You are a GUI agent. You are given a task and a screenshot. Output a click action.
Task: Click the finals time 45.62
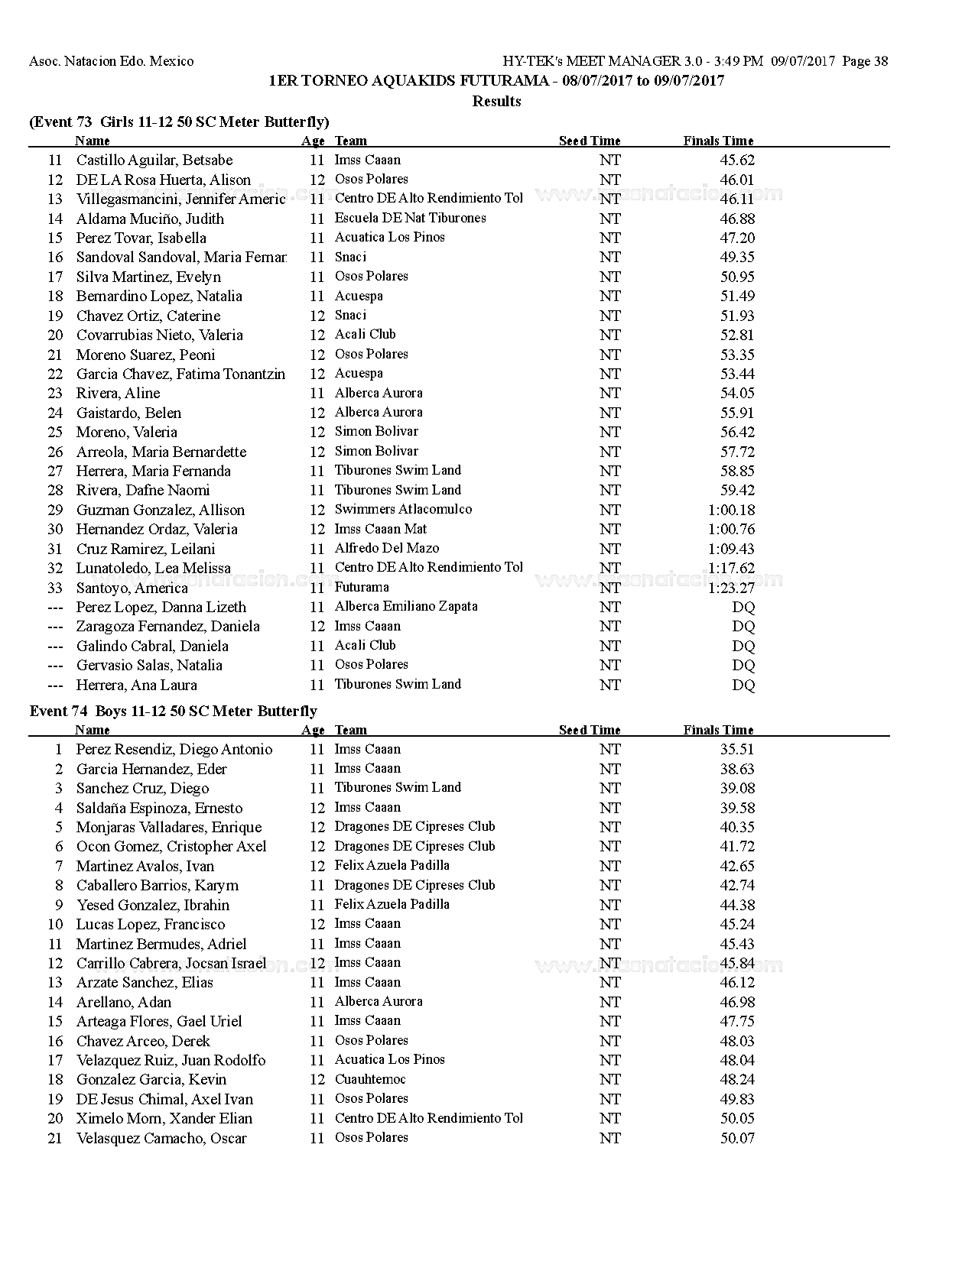(736, 160)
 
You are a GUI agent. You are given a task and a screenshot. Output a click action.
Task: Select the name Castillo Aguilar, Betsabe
(154, 160)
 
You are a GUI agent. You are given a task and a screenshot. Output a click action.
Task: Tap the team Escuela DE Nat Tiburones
(410, 218)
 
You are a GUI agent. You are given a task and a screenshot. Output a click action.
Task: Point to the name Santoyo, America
(132, 588)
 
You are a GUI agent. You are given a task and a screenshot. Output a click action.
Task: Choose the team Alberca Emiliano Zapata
(405, 607)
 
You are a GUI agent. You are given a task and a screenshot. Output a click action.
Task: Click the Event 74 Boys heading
(173, 712)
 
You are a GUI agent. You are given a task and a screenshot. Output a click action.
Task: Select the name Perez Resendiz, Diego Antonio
(174, 750)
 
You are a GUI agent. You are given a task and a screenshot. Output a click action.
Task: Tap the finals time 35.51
(736, 750)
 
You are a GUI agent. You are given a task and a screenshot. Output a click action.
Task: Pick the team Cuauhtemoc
(370, 1079)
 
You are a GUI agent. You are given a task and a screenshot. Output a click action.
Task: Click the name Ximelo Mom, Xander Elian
(164, 1118)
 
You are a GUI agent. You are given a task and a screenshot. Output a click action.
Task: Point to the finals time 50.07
(736, 1138)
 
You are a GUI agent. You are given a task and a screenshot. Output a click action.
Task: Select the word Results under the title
(496, 101)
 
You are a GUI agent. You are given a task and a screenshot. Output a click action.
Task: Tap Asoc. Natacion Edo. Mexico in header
(112, 61)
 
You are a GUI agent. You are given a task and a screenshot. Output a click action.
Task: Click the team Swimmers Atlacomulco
(403, 509)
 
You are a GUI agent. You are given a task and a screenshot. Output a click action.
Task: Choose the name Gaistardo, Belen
(128, 413)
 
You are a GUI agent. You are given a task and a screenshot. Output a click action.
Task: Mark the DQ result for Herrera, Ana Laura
(743, 685)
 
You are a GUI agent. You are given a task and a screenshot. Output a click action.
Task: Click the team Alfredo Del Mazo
(386, 548)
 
